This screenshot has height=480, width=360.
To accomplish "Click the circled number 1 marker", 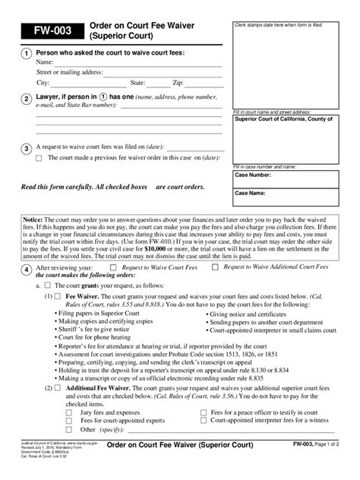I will [x=27, y=53].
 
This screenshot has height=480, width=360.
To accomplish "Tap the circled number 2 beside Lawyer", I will [x=27, y=99].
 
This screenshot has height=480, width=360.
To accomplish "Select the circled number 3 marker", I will [x=27, y=148].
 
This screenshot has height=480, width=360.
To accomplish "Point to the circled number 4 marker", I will [x=27, y=270].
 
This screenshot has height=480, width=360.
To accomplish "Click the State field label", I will [x=137, y=83].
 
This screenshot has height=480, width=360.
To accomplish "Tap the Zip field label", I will [x=178, y=83].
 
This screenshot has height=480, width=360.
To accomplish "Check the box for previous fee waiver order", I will [x=39, y=158].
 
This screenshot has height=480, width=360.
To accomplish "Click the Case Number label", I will [x=254, y=175].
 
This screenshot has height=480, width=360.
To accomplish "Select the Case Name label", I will [x=251, y=193].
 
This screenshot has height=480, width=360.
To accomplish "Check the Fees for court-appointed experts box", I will [x=69, y=419].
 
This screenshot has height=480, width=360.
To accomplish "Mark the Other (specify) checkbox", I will [x=69, y=428].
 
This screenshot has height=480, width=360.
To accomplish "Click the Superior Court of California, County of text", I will [x=282, y=118].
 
